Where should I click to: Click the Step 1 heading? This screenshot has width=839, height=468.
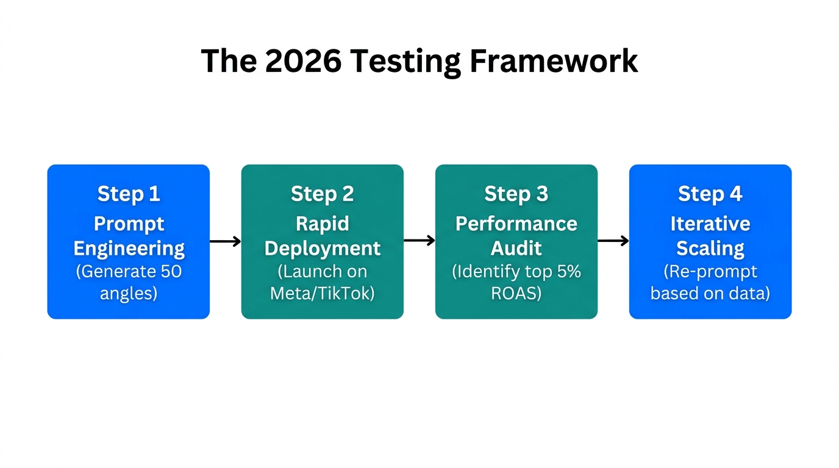[129, 194]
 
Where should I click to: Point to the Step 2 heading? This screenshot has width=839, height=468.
[322, 194]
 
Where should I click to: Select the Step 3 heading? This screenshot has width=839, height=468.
[516, 194]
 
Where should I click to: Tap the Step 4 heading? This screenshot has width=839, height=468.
[710, 194]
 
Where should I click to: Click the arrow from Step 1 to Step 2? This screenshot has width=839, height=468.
[225, 241]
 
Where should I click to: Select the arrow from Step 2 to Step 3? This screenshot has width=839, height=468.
[419, 240]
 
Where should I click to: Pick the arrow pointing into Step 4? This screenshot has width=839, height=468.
[613, 241]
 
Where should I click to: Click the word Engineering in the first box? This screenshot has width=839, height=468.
[129, 249]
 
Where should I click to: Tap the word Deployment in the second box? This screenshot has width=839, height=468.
[322, 249]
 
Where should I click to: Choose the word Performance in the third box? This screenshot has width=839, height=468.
[516, 224]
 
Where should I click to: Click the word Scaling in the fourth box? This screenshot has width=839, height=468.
[710, 249]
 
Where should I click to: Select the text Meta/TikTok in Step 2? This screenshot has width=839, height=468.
[322, 294]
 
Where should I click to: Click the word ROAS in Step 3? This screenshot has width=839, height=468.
[516, 294]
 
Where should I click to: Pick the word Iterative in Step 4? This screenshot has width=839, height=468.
[710, 224]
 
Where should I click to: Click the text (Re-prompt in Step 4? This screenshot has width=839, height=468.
[710, 271]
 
